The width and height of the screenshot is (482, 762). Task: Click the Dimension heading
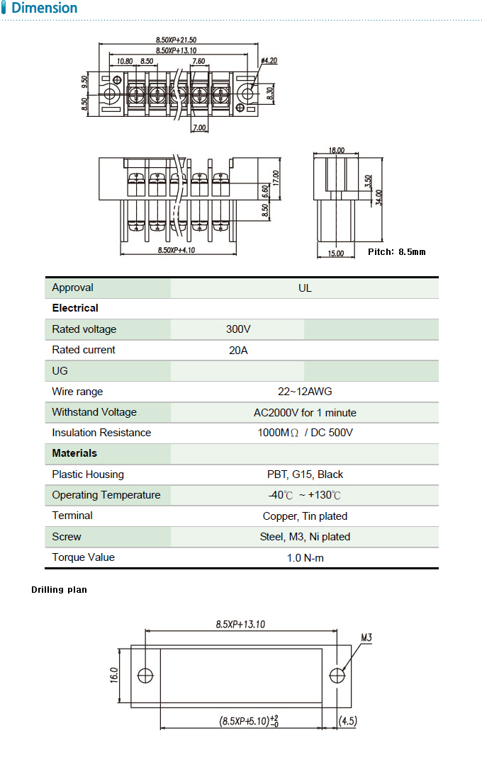[x=45, y=8]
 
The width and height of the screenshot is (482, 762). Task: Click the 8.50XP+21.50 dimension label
[x=176, y=40]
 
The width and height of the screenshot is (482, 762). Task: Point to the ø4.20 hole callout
[x=269, y=61]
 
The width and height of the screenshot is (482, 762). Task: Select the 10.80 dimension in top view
[x=125, y=62]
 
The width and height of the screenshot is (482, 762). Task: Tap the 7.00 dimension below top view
[x=198, y=128]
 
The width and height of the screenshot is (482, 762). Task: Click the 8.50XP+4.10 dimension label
[x=176, y=250]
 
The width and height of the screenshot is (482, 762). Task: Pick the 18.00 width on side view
[x=337, y=150]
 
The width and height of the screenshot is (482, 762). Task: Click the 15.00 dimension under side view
[x=336, y=254]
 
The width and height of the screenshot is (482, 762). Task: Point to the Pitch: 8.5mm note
[x=397, y=251]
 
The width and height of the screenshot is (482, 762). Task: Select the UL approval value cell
[x=305, y=288]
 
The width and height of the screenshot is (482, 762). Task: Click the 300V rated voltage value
[x=238, y=329]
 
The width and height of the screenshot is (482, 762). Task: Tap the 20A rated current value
[x=238, y=350]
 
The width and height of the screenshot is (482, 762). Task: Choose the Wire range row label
[x=77, y=392]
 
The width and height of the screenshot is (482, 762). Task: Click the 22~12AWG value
[x=305, y=392]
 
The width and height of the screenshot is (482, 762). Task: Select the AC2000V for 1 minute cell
[x=305, y=412]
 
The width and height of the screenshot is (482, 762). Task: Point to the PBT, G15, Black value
[x=305, y=474]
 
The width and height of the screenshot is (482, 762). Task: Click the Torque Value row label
[x=83, y=557]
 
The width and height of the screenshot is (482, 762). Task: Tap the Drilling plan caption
[x=59, y=589]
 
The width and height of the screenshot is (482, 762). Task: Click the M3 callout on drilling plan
[x=366, y=638]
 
